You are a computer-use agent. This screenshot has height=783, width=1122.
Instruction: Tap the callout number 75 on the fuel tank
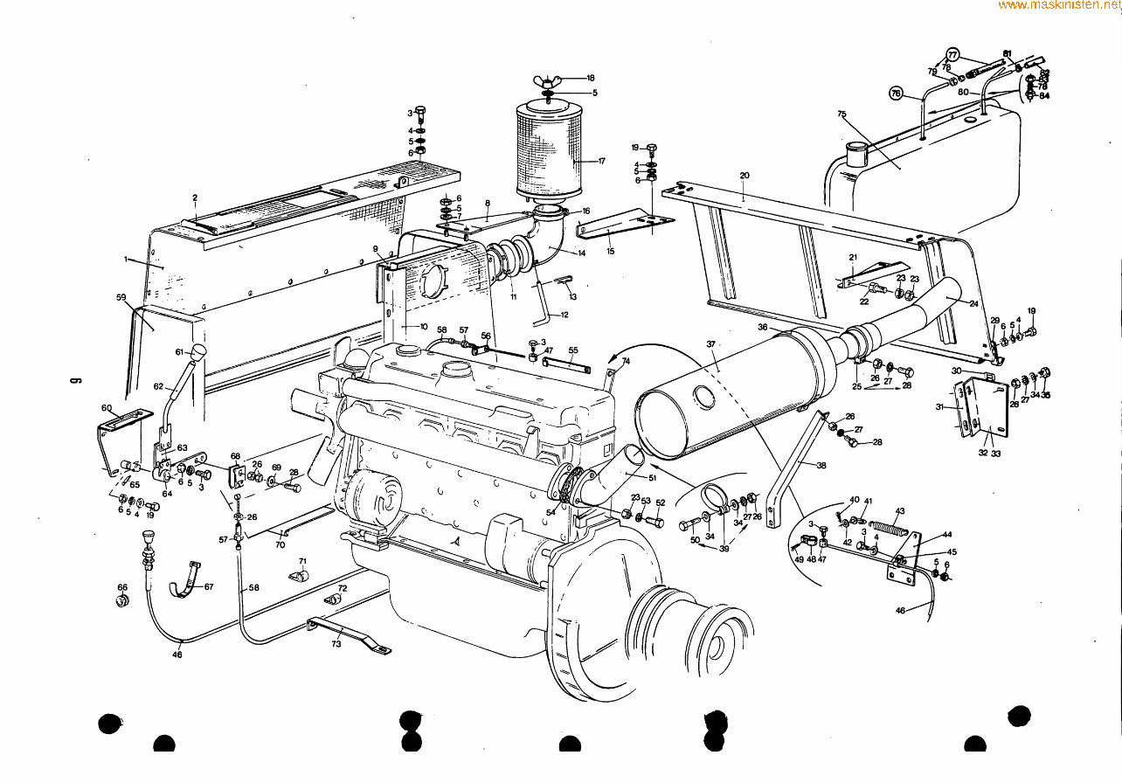tap(841, 114)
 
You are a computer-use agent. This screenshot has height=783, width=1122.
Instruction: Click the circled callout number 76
tap(895, 93)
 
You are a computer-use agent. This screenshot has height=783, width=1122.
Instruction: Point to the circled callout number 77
tap(952, 54)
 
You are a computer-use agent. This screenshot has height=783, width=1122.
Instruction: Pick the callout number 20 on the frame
tap(744, 176)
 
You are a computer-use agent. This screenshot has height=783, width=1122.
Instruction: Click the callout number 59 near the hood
tap(121, 297)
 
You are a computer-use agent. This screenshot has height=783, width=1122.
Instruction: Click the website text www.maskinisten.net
tap(1059, 5)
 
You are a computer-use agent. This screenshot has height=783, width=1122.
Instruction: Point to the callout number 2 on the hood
tap(195, 198)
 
